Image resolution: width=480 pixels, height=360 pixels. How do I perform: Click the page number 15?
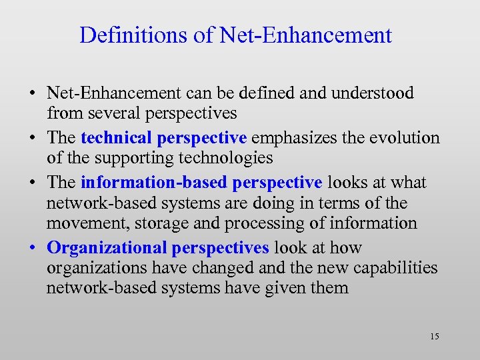click(x=435, y=336)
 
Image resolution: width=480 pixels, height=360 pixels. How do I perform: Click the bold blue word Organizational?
click(x=107, y=248)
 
